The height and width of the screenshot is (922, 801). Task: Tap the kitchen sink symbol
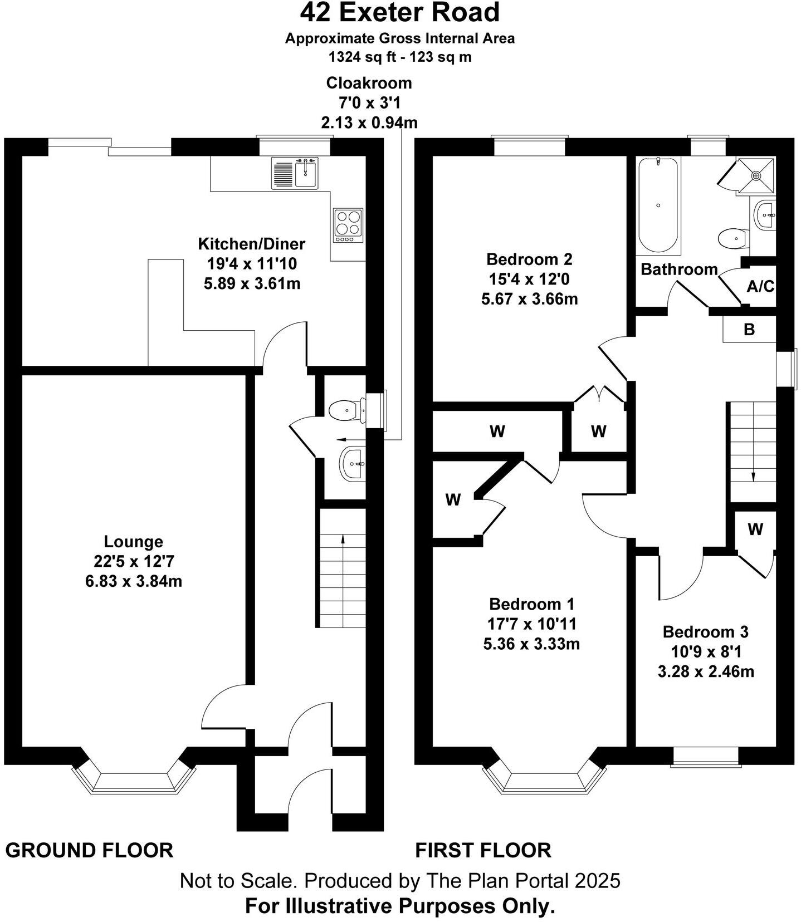(295, 173)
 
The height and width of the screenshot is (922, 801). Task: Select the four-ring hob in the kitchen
(348, 225)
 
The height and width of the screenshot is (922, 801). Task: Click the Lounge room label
(134, 541)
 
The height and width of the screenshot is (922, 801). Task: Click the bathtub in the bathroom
(658, 205)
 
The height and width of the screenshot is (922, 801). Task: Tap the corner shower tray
(755, 175)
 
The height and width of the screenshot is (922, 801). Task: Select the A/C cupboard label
(760, 287)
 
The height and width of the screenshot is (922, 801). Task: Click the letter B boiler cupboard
(749, 330)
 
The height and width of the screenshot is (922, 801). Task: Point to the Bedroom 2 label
(529, 259)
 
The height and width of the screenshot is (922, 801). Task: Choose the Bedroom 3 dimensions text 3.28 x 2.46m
(706, 671)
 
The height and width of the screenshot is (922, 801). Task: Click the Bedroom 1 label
(531, 604)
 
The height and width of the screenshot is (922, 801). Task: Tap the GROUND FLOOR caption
(89, 850)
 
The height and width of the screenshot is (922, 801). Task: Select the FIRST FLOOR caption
(483, 850)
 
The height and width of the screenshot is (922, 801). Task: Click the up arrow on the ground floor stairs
(342, 538)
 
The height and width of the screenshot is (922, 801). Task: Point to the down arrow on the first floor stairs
(753, 476)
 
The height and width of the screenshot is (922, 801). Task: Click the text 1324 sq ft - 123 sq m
(400, 57)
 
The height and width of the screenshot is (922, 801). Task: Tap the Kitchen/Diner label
(252, 244)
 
